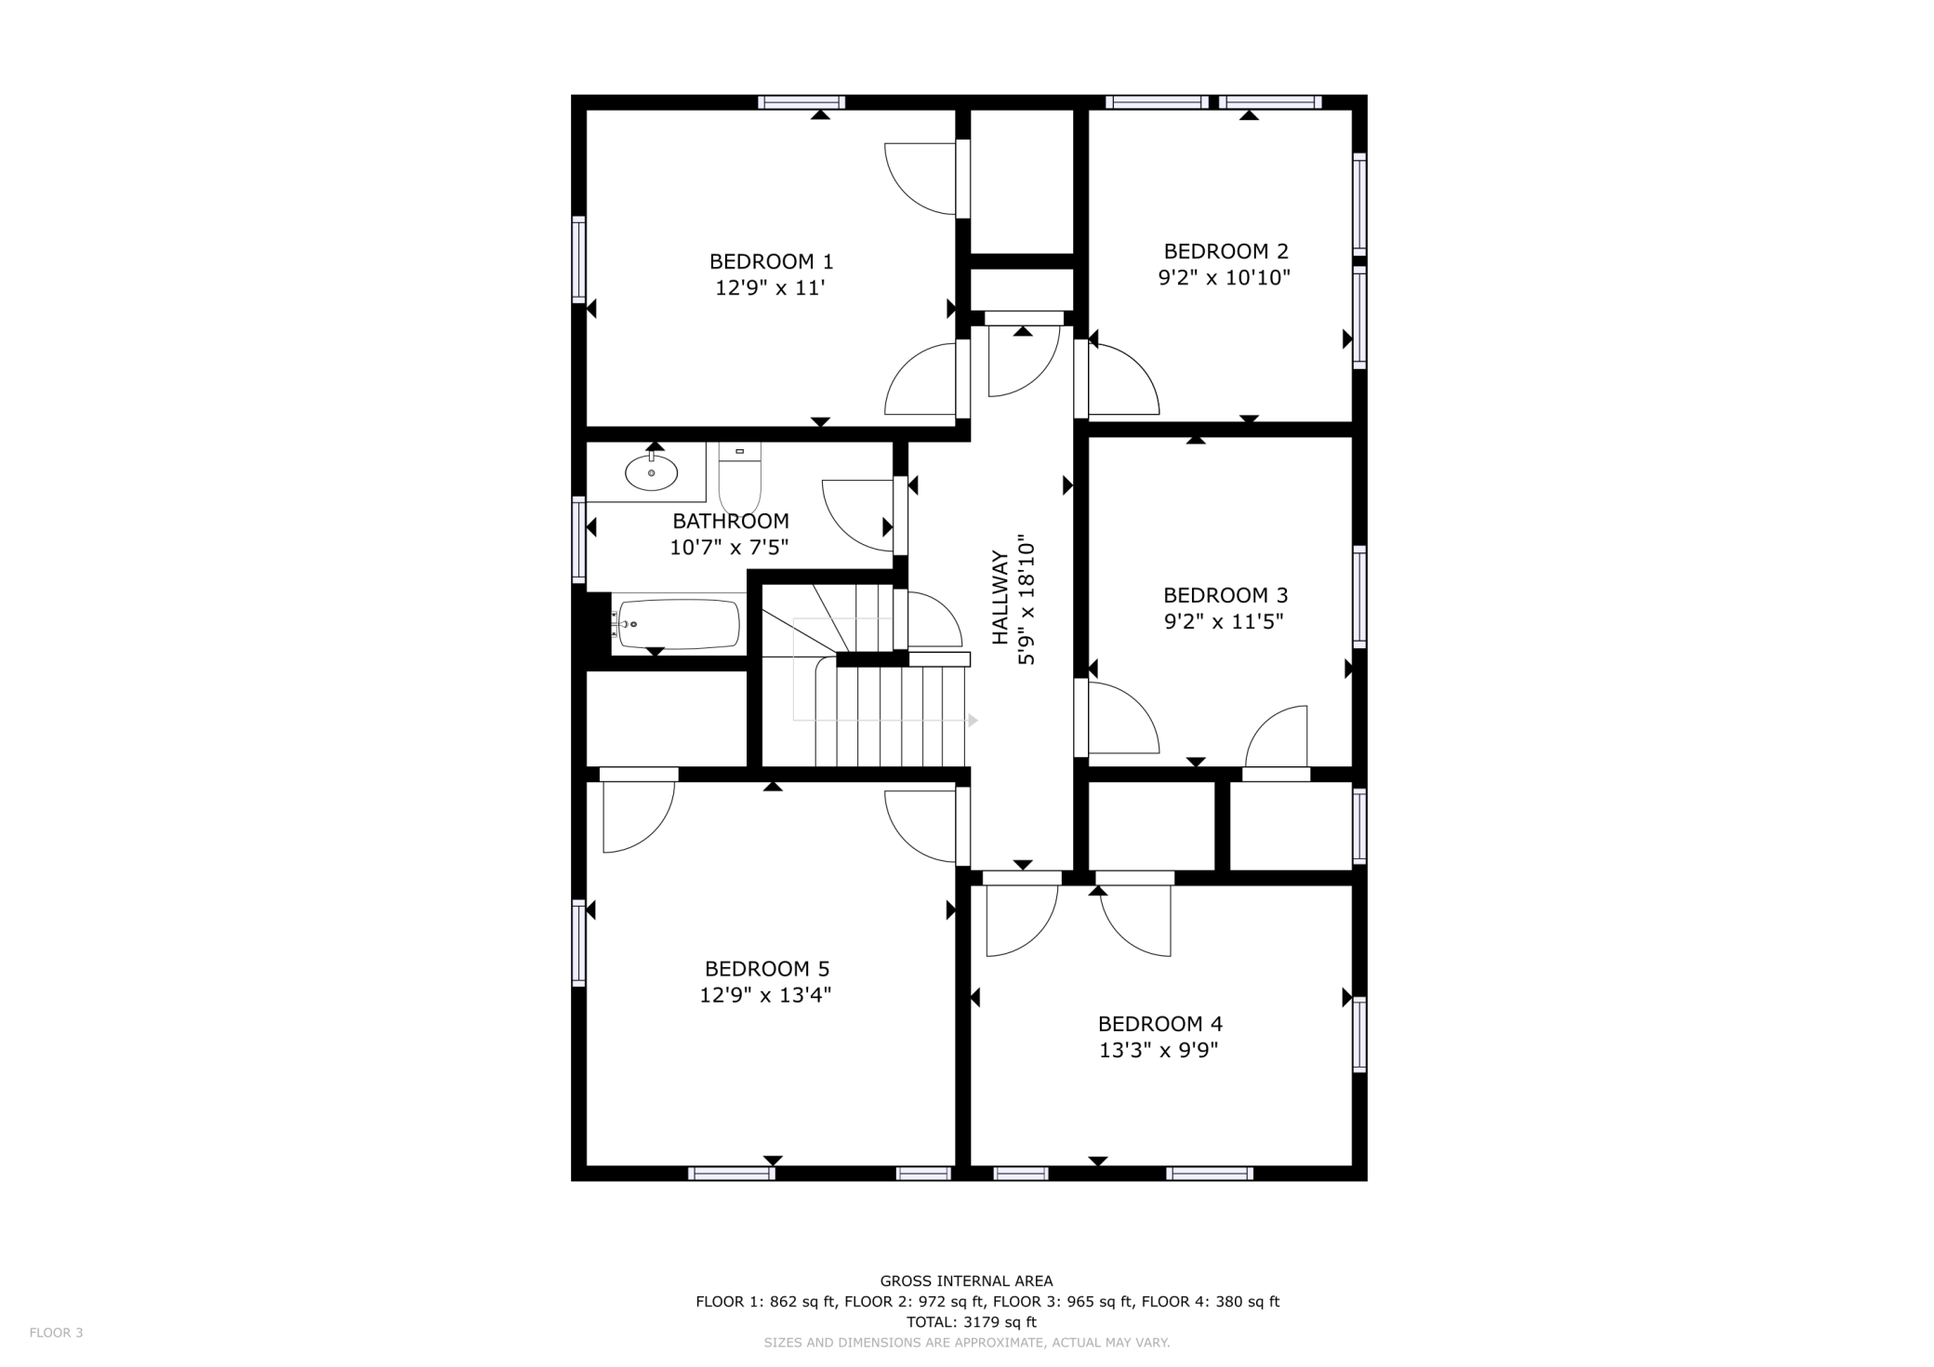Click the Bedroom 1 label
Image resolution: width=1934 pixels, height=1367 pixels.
[771, 261]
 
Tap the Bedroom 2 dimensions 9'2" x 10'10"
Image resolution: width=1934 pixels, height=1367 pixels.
[1224, 277]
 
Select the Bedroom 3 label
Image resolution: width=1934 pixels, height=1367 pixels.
[1225, 595]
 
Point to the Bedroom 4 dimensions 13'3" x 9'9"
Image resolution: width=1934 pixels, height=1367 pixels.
[1159, 1051]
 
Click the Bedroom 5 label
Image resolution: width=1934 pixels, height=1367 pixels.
[766, 969]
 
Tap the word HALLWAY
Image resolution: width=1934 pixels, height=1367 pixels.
[1000, 597]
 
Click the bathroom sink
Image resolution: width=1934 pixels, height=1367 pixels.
[651, 472]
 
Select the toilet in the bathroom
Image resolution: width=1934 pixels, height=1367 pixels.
[739, 480]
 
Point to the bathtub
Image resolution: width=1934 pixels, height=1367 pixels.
[678, 623]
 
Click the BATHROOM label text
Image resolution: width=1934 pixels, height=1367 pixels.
[730, 521]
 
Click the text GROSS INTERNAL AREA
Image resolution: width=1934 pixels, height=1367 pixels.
[966, 1281]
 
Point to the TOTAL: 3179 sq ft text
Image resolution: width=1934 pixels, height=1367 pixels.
[971, 1322]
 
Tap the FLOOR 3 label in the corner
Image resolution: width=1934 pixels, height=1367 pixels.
[56, 1333]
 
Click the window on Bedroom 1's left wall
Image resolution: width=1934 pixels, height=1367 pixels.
[578, 259]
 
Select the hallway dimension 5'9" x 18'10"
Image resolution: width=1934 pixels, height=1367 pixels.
[1027, 599]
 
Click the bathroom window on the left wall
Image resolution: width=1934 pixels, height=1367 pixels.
[578, 540]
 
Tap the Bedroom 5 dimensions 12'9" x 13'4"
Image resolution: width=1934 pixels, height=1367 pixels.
[765, 995]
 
